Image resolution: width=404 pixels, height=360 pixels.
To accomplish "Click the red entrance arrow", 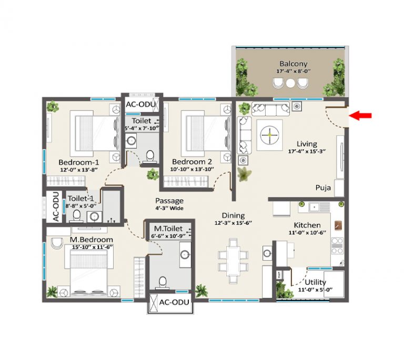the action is point(360,116).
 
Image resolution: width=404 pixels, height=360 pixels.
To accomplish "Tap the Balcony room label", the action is point(293,64).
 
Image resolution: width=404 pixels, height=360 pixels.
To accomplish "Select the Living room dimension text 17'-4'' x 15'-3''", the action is point(307,151).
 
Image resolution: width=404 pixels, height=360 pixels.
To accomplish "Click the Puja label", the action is point(323,188).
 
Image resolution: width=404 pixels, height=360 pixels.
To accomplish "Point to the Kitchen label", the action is point(307,225).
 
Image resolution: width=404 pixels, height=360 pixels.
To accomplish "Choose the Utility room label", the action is point(316,282).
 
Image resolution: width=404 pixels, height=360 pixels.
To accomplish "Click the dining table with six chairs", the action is point(233,261).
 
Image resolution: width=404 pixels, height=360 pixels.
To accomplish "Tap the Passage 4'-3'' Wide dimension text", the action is point(169,208).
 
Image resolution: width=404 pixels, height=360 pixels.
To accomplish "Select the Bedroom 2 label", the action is point(191,161).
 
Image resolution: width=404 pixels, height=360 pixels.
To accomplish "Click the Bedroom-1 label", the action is point(78,162).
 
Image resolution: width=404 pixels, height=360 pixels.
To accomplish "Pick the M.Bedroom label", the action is point(91,240).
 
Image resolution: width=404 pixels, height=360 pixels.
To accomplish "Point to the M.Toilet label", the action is point(168,229).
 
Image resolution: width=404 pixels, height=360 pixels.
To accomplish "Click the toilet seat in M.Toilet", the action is point(163,283).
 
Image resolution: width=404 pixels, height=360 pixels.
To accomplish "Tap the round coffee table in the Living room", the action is point(269,135).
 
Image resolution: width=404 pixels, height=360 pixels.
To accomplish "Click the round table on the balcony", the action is point(290,83).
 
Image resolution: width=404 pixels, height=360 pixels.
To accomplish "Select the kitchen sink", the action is point(319,207).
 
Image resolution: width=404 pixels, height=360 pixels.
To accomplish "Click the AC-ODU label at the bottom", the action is point(174,302).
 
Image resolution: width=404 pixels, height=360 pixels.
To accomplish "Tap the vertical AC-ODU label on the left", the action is point(56,207).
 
